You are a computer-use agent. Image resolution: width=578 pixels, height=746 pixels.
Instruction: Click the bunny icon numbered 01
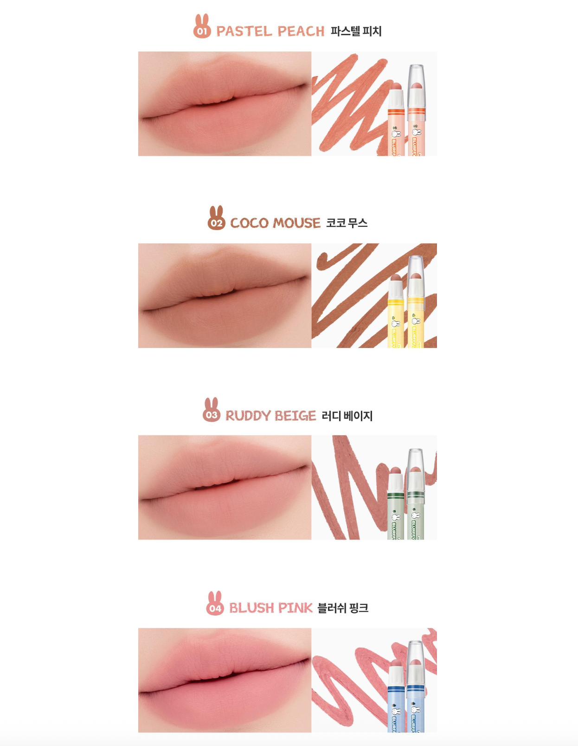[202, 27]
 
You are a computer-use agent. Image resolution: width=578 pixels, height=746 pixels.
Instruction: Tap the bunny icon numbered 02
[216, 219]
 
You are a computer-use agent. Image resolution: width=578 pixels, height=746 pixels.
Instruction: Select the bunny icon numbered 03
[212, 411]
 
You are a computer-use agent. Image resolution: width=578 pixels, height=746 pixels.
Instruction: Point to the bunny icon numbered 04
[215, 604]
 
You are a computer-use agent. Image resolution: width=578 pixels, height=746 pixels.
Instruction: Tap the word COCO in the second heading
[249, 223]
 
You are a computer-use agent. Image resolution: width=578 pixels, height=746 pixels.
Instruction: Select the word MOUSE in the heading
[297, 223]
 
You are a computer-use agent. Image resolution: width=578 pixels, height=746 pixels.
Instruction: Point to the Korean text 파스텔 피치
[356, 32]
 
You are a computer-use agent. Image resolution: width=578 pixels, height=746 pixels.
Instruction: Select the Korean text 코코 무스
[347, 223]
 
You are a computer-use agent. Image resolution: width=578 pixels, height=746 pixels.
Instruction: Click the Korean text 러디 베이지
[347, 416]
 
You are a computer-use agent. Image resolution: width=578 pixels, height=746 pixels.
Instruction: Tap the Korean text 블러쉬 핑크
[343, 608]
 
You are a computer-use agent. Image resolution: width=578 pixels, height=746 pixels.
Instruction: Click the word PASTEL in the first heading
[244, 32]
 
